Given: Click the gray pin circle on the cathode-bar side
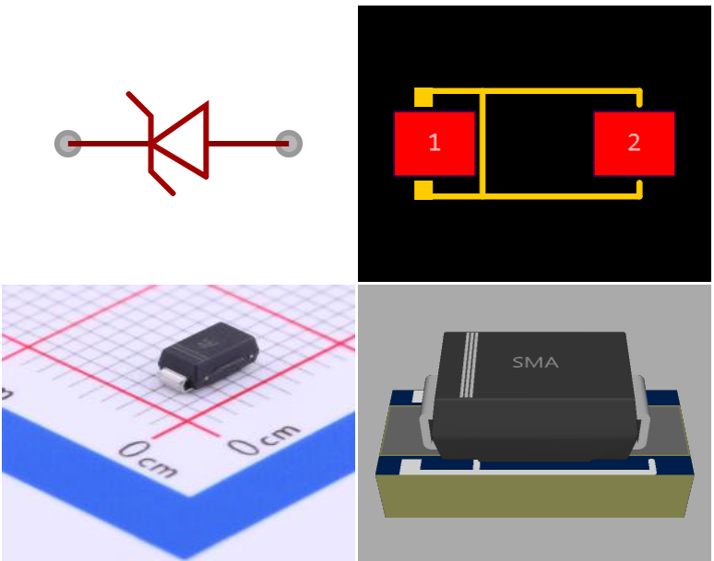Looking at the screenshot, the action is tap(68, 144).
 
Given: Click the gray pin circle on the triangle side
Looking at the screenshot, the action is tap(289, 144).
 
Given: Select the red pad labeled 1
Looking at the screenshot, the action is tap(434, 143).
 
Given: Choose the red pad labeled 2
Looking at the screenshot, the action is tap(634, 143).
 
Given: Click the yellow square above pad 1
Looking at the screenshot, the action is tap(423, 97).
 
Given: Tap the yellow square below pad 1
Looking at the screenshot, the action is tap(423, 190).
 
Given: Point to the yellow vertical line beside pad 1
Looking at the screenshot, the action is tap(482, 143).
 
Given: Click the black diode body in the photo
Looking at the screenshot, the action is tap(208, 355).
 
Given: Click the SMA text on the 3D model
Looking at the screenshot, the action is tap(535, 363).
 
